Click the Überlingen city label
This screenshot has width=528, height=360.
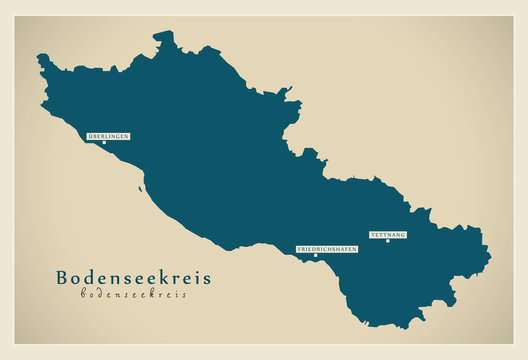point(108,135)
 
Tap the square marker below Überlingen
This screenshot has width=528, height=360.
point(103,142)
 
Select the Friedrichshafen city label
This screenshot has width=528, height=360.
point(327,248)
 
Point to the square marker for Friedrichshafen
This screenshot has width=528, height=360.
point(315,255)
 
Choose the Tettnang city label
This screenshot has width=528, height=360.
point(388,234)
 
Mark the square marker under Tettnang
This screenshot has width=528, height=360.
point(388,241)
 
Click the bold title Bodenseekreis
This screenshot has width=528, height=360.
point(133,278)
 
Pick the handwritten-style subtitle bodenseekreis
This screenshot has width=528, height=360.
point(132,294)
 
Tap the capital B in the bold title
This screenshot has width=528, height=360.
point(63,278)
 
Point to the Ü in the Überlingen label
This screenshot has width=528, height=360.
point(90,135)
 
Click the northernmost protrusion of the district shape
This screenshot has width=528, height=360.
point(164,33)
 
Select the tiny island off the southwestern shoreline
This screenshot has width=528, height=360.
point(141,187)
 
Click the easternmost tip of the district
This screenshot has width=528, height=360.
point(490,262)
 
